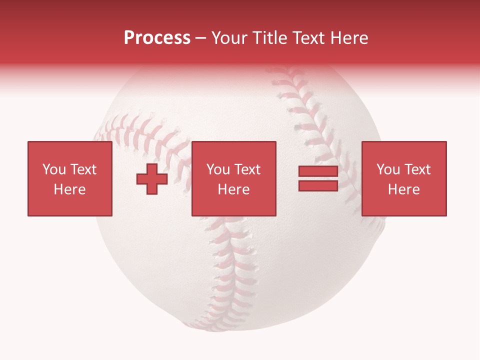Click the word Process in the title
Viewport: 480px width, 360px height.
pyautogui.click(x=157, y=38)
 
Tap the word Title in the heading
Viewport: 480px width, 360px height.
pyautogui.click(x=269, y=38)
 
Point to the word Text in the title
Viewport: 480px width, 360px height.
pyautogui.click(x=309, y=38)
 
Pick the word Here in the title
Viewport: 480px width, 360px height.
pyautogui.click(x=350, y=38)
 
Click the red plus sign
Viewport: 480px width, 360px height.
pyautogui.click(x=152, y=179)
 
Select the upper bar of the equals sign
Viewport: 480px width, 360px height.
pyautogui.click(x=318, y=171)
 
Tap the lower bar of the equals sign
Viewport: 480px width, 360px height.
pyautogui.click(x=318, y=185)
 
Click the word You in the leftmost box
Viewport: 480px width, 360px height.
pyautogui.click(x=54, y=169)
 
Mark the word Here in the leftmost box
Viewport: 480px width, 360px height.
pyautogui.click(x=69, y=189)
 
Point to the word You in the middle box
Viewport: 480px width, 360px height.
pyautogui.click(x=218, y=169)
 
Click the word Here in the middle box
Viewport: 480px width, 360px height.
pyautogui.click(x=233, y=189)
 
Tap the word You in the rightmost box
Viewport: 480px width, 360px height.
pyautogui.click(x=388, y=169)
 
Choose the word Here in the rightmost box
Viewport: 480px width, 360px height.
pyautogui.click(x=403, y=189)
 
